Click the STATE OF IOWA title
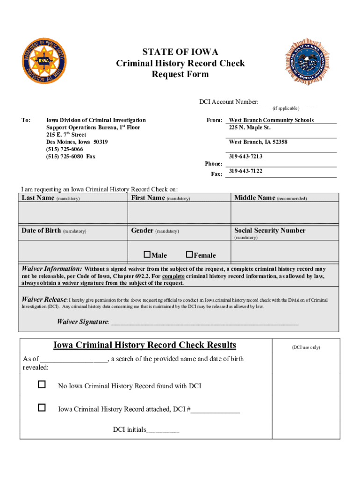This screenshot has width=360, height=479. click(180, 52)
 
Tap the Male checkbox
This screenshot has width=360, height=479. click(147, 254)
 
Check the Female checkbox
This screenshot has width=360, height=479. click(189, 254)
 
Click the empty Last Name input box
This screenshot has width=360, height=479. click(73, 213)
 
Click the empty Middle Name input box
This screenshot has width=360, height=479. click(285, 213)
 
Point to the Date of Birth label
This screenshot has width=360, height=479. click(41, 231)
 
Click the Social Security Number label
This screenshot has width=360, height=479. click(270, 231)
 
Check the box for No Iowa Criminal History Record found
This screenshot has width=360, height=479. click(42, 385)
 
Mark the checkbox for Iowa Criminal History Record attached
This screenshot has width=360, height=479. click(42, 408)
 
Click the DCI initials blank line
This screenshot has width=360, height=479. click(163, 431)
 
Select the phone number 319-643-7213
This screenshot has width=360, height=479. click(245, 157)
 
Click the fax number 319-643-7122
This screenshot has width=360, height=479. click(245, 171)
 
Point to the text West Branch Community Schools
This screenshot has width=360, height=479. click(271, 120)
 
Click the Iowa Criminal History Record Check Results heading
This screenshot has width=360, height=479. click(144, 345)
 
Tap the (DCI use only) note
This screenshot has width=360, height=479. click(306, 348)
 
